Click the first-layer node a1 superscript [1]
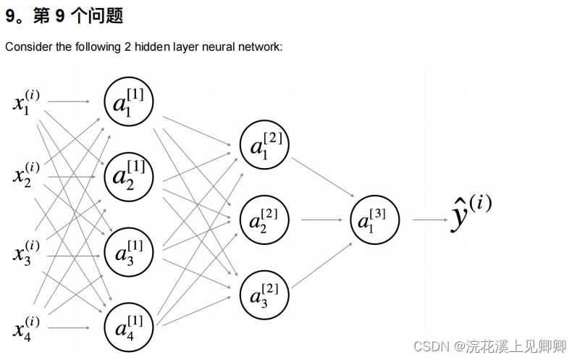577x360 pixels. click(x=129, y=102)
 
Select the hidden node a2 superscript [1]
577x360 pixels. click(x=129, y=176)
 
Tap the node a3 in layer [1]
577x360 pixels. click(x=129, y=254)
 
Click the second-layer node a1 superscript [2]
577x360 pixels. click(x=264, y=145)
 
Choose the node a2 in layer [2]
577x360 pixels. click(x=264, y=219)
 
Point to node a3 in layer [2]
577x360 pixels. click(x=264, y=294)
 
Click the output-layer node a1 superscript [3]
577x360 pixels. click(x=374, y=219)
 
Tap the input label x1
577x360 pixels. click(x=26, y=102)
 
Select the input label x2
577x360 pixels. click(x=26, y=175)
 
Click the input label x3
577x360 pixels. click(x=26, y=254)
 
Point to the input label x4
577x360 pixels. click(x=26, y=329)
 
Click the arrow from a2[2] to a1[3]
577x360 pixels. click(x=320, y=219)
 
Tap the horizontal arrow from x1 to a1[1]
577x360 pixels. click(x=70, y=102)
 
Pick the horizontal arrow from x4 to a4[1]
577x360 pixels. click(x=70, y=327)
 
